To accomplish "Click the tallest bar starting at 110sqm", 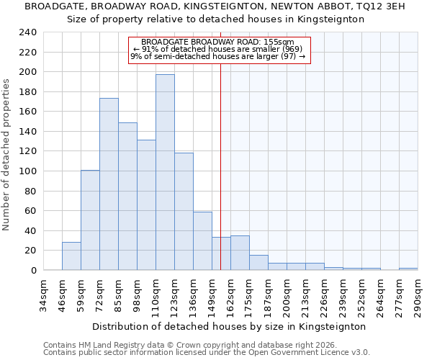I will [x=165, y=173].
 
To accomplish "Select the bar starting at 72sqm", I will [x=109, y=184].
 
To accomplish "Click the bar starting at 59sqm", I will [x=90, y=220].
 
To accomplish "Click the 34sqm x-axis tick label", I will [x=43, y=294].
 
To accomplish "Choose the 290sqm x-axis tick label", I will [x=418, y=294].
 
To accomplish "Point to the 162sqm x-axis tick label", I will [x=230, y=294].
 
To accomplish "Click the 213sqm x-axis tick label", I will [x=305, y=294].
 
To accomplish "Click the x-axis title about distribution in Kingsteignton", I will [x=230, y=326].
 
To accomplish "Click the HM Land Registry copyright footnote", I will [x=205, y=345].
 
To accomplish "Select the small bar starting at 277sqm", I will [x=408, y=269].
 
